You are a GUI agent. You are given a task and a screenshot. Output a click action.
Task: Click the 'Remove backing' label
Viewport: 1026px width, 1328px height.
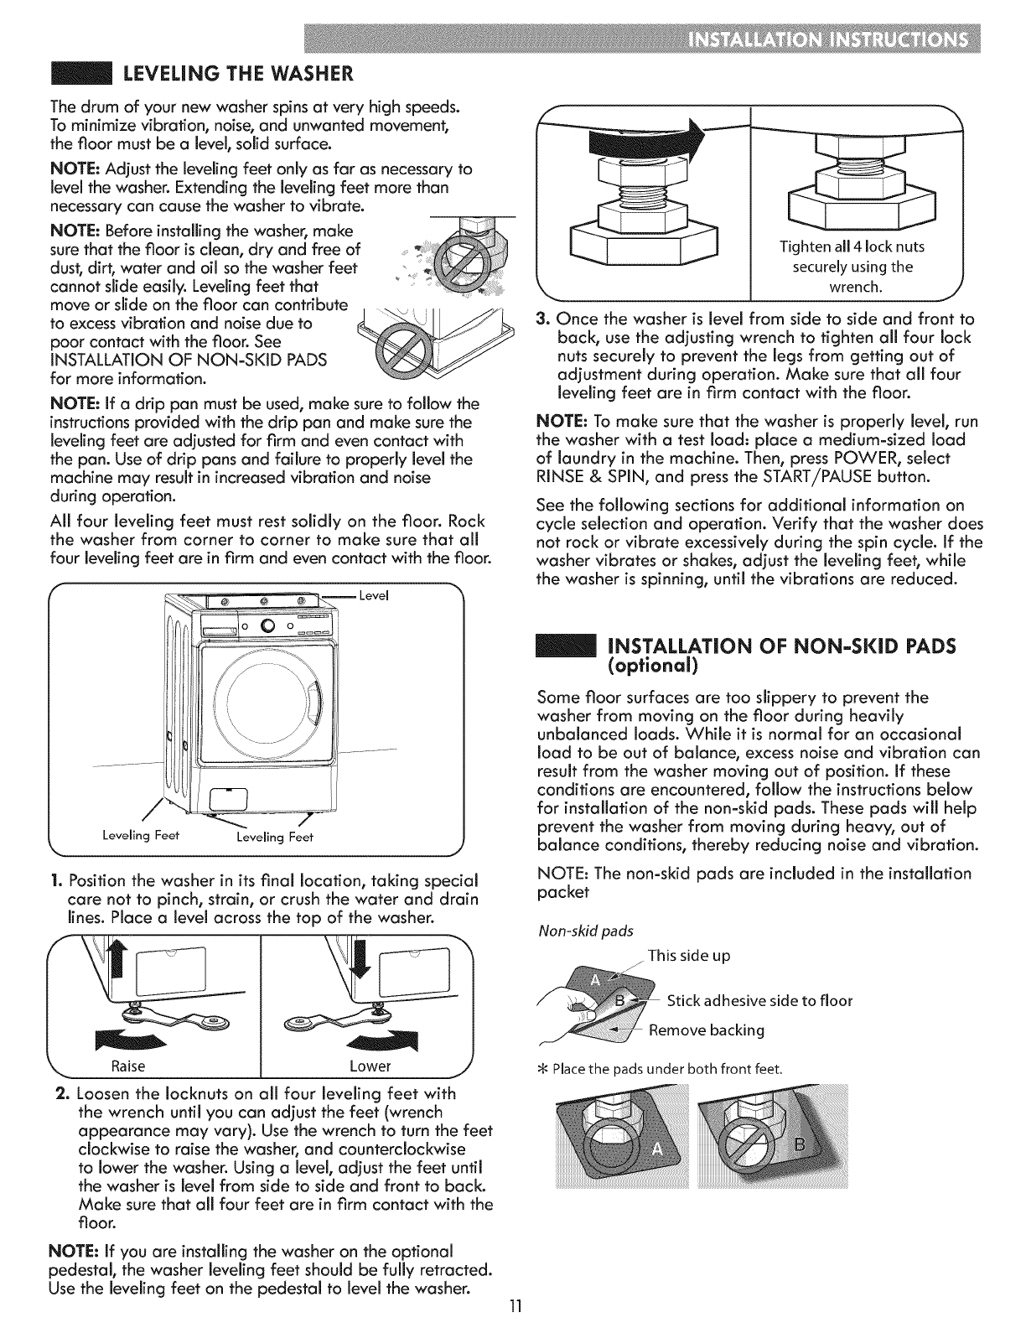pyautogui.click(x=707, y=1030)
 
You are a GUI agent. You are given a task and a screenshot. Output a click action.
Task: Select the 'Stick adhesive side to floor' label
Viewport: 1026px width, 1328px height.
pyautogui.click(x=759, y=1002)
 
